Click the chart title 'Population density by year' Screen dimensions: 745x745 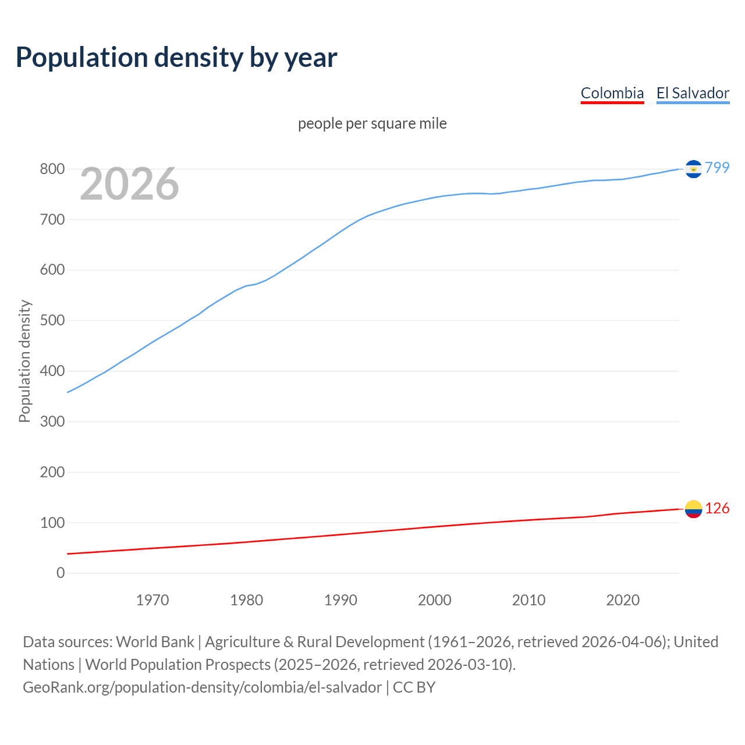click(x=176, y=58)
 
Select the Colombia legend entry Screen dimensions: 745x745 click(x=612, y=93)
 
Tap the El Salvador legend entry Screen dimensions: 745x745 click(x=693, y=93)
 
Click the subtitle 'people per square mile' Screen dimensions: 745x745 click(x=372, y=123)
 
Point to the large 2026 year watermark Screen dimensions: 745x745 click(x=129, y=184)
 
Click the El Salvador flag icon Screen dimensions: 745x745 click(x=693, y=169)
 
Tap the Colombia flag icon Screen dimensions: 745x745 click(x=693, y=509)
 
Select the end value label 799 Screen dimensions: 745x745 click(x=717, y=168)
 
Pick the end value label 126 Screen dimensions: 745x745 click(x=717, y=509)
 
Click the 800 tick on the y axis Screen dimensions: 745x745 click(x=52, y=169)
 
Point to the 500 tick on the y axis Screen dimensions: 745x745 click(x=52, y=321)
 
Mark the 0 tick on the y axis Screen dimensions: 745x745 click(x=61, y=573)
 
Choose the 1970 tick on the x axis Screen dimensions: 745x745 click(x=152, y=600)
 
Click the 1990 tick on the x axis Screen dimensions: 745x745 click(x=340, y=600)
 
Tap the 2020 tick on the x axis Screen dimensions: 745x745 click(x=623, y=600)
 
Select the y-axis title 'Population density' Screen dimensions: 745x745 click(x=24, y=361)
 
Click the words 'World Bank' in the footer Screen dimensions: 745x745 click(x=155, y=642)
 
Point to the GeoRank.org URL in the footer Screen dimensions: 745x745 click(x=202, y=687)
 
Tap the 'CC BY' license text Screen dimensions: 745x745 click(x=414, y=687)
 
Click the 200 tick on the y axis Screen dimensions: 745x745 click(x=52, y=472)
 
